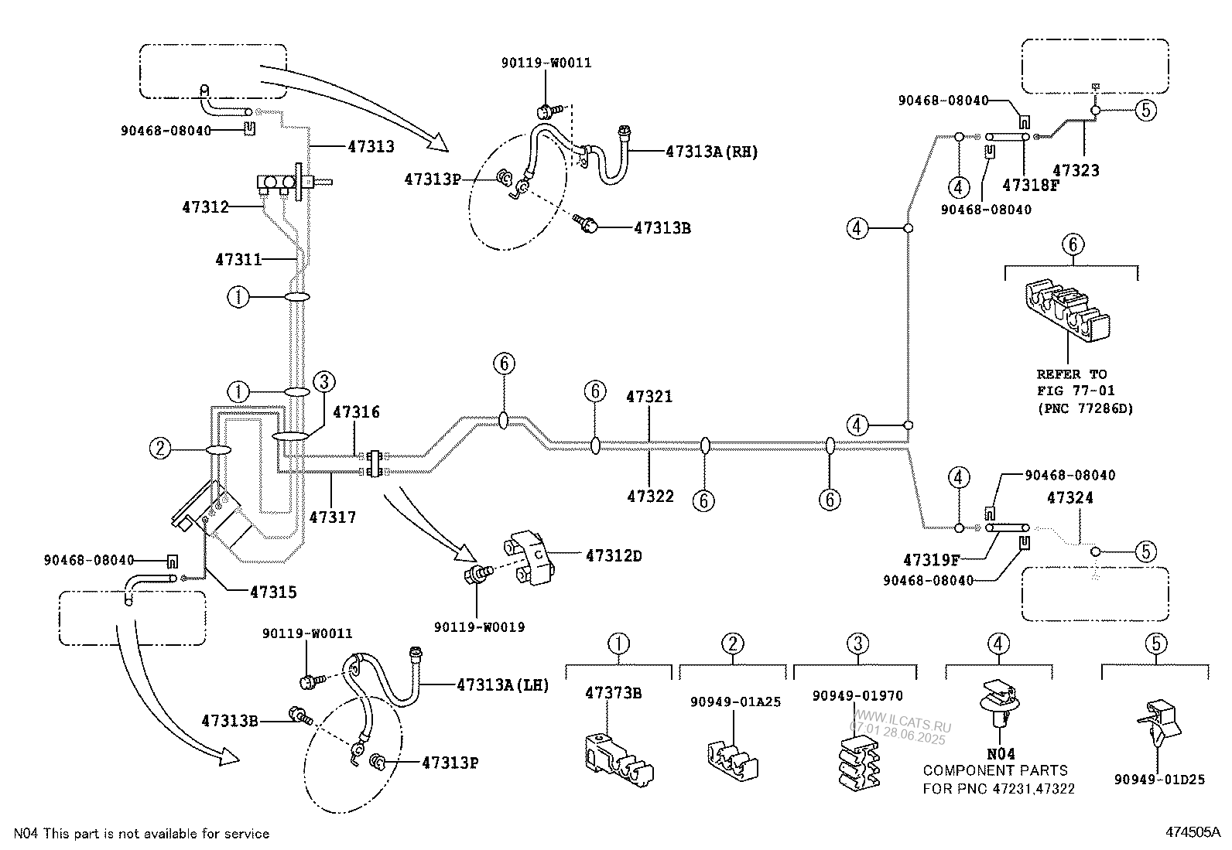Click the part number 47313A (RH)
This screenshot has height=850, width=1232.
click(712, 152)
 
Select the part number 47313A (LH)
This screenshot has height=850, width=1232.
click(503, 685)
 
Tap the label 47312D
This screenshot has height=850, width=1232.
click(613, 556)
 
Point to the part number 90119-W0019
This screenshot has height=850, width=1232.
click(480, 627)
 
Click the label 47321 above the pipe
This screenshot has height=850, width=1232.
click(649, 397)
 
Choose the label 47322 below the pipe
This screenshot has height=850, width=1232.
click(650, 497)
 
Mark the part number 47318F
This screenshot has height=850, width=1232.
click(1030, 186)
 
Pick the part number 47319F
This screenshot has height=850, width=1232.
click(931, 560)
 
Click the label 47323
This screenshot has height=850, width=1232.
click(1076, 170)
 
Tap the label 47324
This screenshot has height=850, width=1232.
click(1069, 497)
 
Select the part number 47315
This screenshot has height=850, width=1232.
click(273, 592)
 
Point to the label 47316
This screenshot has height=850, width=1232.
click(356, 411)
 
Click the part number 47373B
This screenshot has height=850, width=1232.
click(613, 693)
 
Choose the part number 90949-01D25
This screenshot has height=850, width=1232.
click(1159, 780)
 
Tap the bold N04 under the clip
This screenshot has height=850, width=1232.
click(1001, 754)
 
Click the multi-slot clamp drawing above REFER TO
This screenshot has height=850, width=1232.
click(1067, 311)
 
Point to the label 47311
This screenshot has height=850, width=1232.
click(238, 260)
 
